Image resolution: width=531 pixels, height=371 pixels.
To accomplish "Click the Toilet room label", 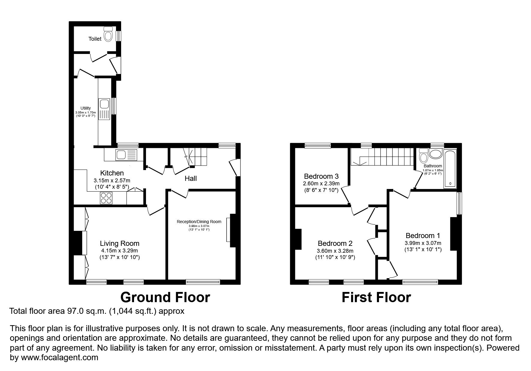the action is tap(95, 39).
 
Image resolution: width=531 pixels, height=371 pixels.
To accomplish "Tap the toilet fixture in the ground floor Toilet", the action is tap(108, 34).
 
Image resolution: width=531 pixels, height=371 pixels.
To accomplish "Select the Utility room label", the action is tap(85, 108).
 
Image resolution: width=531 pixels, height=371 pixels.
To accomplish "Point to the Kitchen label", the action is tap(112, 173).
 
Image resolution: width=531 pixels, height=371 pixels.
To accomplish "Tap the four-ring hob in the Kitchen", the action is tap(106, 198).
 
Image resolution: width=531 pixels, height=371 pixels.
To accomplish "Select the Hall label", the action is tap(191, 178).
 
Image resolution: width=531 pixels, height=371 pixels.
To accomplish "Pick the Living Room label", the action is tap(120, 243).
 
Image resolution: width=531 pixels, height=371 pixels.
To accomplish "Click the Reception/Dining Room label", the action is tap(199, 222).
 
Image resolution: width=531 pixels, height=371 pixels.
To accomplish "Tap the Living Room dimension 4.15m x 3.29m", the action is tap(120, 251).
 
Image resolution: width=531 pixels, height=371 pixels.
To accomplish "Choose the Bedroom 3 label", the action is tap(321, 176).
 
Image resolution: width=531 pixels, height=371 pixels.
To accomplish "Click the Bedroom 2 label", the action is tap(335, 243).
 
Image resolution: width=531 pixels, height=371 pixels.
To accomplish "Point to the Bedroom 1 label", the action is tap(423, 236).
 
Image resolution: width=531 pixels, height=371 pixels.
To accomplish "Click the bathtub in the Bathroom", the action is tap(450, 169).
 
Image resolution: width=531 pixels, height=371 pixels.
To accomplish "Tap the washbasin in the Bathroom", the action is tap(435, 154).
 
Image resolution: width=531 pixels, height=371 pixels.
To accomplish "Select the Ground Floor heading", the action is tap(165, 297).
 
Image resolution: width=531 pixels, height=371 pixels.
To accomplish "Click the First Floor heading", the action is tap(376, 297).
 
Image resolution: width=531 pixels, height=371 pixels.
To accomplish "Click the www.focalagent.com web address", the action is tap(59, 358).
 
